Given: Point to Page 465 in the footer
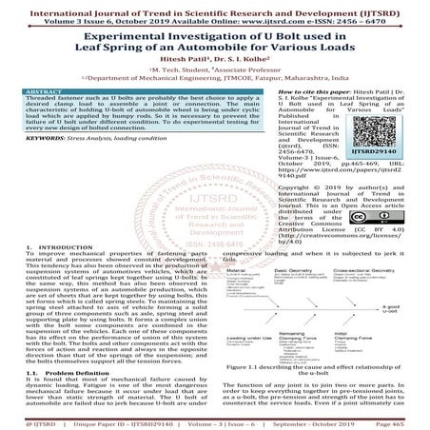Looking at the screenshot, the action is [x=401, y=420].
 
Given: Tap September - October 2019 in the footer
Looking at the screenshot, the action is [x=319, y=420].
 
